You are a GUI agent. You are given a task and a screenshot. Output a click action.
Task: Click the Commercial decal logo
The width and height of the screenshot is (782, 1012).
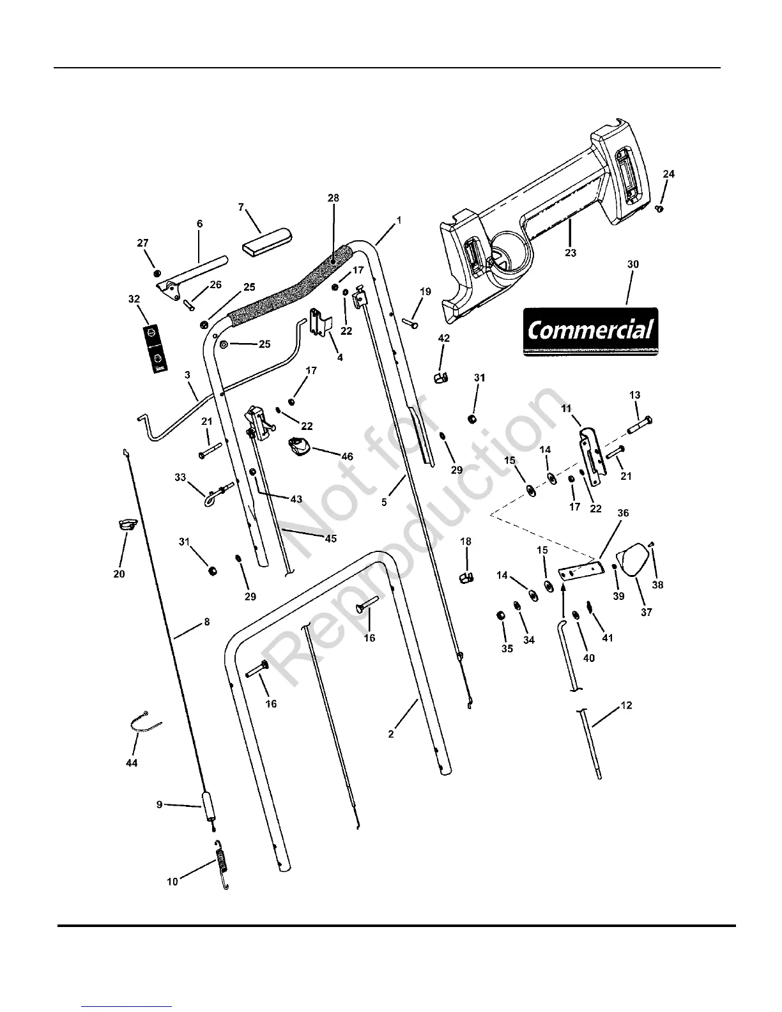(590, 332)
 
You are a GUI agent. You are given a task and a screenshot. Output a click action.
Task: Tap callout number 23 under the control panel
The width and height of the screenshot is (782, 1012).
(571, 253)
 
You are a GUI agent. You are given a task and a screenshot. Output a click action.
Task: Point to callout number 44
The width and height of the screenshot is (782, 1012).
(131, 763)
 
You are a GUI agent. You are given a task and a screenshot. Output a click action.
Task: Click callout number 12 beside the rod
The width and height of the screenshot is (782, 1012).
(626, 705)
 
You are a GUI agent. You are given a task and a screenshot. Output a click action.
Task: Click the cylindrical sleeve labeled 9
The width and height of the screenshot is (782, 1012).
(209, 807)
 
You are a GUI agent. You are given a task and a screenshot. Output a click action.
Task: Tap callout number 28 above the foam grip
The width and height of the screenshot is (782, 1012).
(333, 198)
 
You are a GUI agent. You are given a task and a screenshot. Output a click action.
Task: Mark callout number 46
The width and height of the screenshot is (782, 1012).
(347, 457)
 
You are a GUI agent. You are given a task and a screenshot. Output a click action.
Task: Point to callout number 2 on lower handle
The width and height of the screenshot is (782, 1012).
(391, 734)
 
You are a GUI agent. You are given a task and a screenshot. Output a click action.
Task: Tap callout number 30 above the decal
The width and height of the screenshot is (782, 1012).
(632, 264)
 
